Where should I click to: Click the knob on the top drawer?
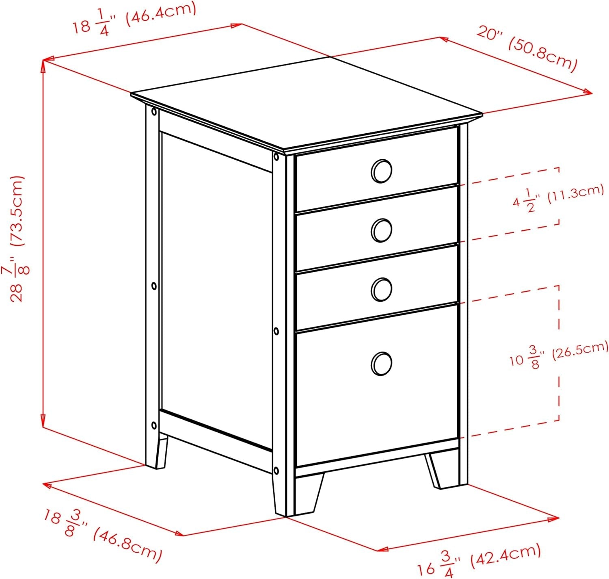[381, 171]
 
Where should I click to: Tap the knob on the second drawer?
[381, 230]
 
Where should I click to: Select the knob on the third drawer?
[381, 289]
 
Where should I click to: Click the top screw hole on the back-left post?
[154, 111]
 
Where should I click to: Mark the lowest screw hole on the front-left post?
[276, 471]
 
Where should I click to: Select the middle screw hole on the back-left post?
[154, 286]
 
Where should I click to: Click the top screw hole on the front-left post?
[276, 157]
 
